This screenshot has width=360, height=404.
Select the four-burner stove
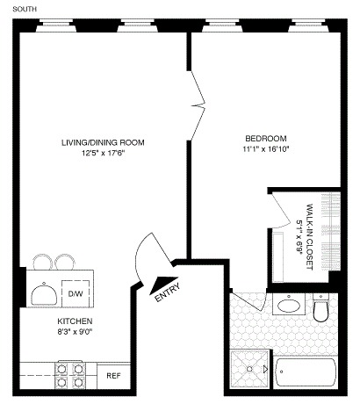71,376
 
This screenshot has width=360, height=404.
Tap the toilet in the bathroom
321,310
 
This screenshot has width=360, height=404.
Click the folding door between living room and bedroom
198,95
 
